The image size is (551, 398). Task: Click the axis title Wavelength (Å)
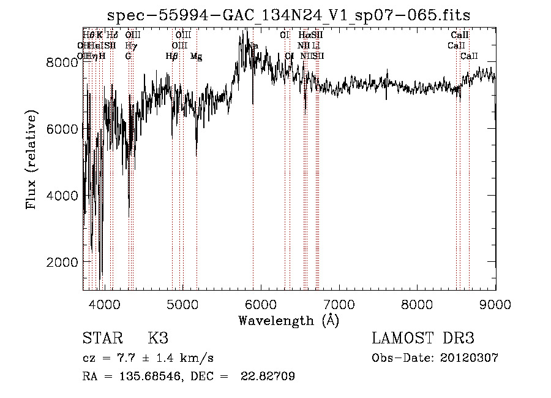click(288, 320)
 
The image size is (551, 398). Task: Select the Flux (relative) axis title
click(31, 159)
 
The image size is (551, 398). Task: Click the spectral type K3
click(158, 339)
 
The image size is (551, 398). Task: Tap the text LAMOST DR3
click(423, 339)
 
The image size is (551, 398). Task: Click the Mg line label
click(196, 56)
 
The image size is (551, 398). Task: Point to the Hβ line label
click(172, 56)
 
